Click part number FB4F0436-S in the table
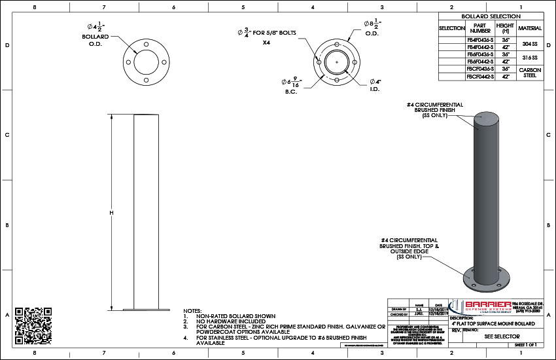480,39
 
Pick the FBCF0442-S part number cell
480,76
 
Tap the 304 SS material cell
530,43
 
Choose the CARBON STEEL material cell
530,72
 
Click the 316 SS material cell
530,58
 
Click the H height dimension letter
112,213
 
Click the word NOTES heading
193,310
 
